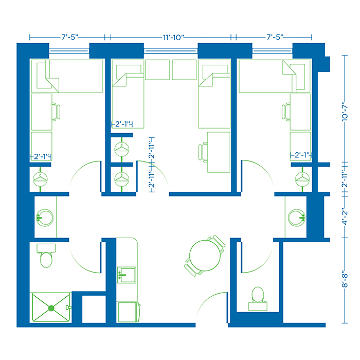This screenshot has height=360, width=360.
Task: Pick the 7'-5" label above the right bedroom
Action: click(274, 38)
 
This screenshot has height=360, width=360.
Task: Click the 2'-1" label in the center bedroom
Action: click(123, 124)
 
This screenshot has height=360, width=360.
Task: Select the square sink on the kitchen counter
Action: click(126, 275)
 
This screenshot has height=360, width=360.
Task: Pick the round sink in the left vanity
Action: click(45, 217)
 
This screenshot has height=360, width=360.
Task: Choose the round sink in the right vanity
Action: click(296, 215)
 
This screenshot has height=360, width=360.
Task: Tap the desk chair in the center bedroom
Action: click(203, 152)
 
